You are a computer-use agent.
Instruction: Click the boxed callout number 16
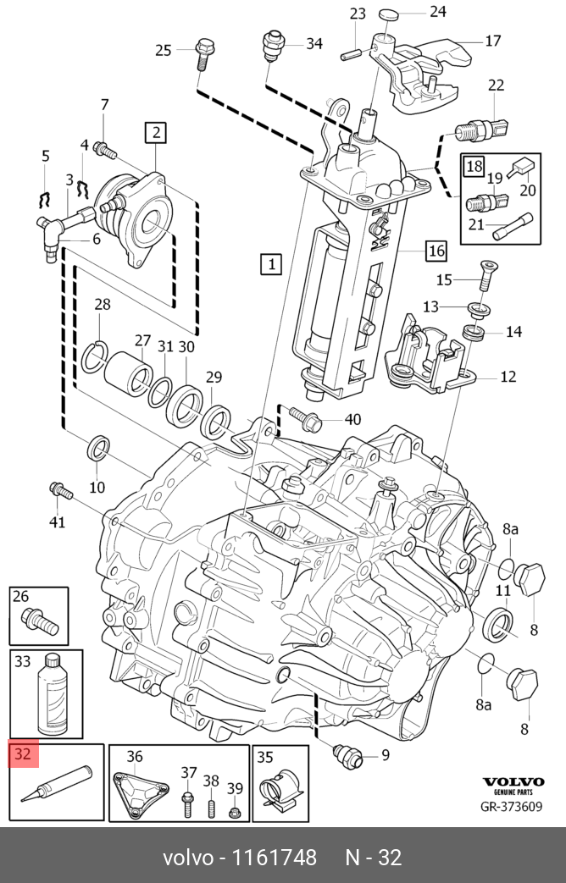[436, 250]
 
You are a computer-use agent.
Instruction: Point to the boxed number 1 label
[270, 263]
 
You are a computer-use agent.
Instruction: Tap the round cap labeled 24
[388, 14]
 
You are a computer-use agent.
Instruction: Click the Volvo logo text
[513, 781]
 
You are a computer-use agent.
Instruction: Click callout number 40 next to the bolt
[352, 419]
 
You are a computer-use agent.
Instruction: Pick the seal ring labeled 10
[99, 447]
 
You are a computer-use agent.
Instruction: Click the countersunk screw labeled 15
[484, 275]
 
